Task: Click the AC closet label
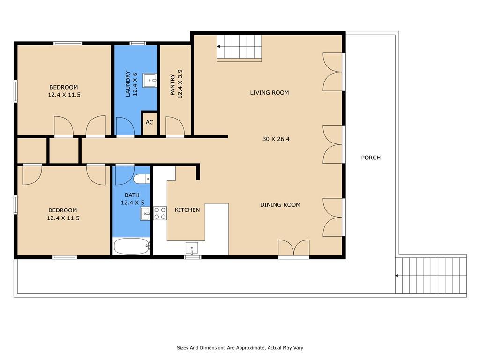pos(150,122)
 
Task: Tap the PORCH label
pos(371,157)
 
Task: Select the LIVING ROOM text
pos(270,93)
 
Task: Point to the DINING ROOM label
pos(280,205)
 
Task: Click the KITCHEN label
pos(187,210)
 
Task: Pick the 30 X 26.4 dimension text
pos(276,139)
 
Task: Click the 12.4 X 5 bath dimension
pos(132,202)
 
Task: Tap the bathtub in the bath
pos(132,247)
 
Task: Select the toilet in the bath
pos(142,179)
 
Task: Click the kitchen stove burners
pos(160,213)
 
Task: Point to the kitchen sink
pos(192,247)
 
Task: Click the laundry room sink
pos(150,81)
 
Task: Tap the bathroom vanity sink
pos(145,214)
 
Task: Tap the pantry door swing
pos(175,126)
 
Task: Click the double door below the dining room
pos(293,248)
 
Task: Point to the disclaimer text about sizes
pos(240,348)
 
